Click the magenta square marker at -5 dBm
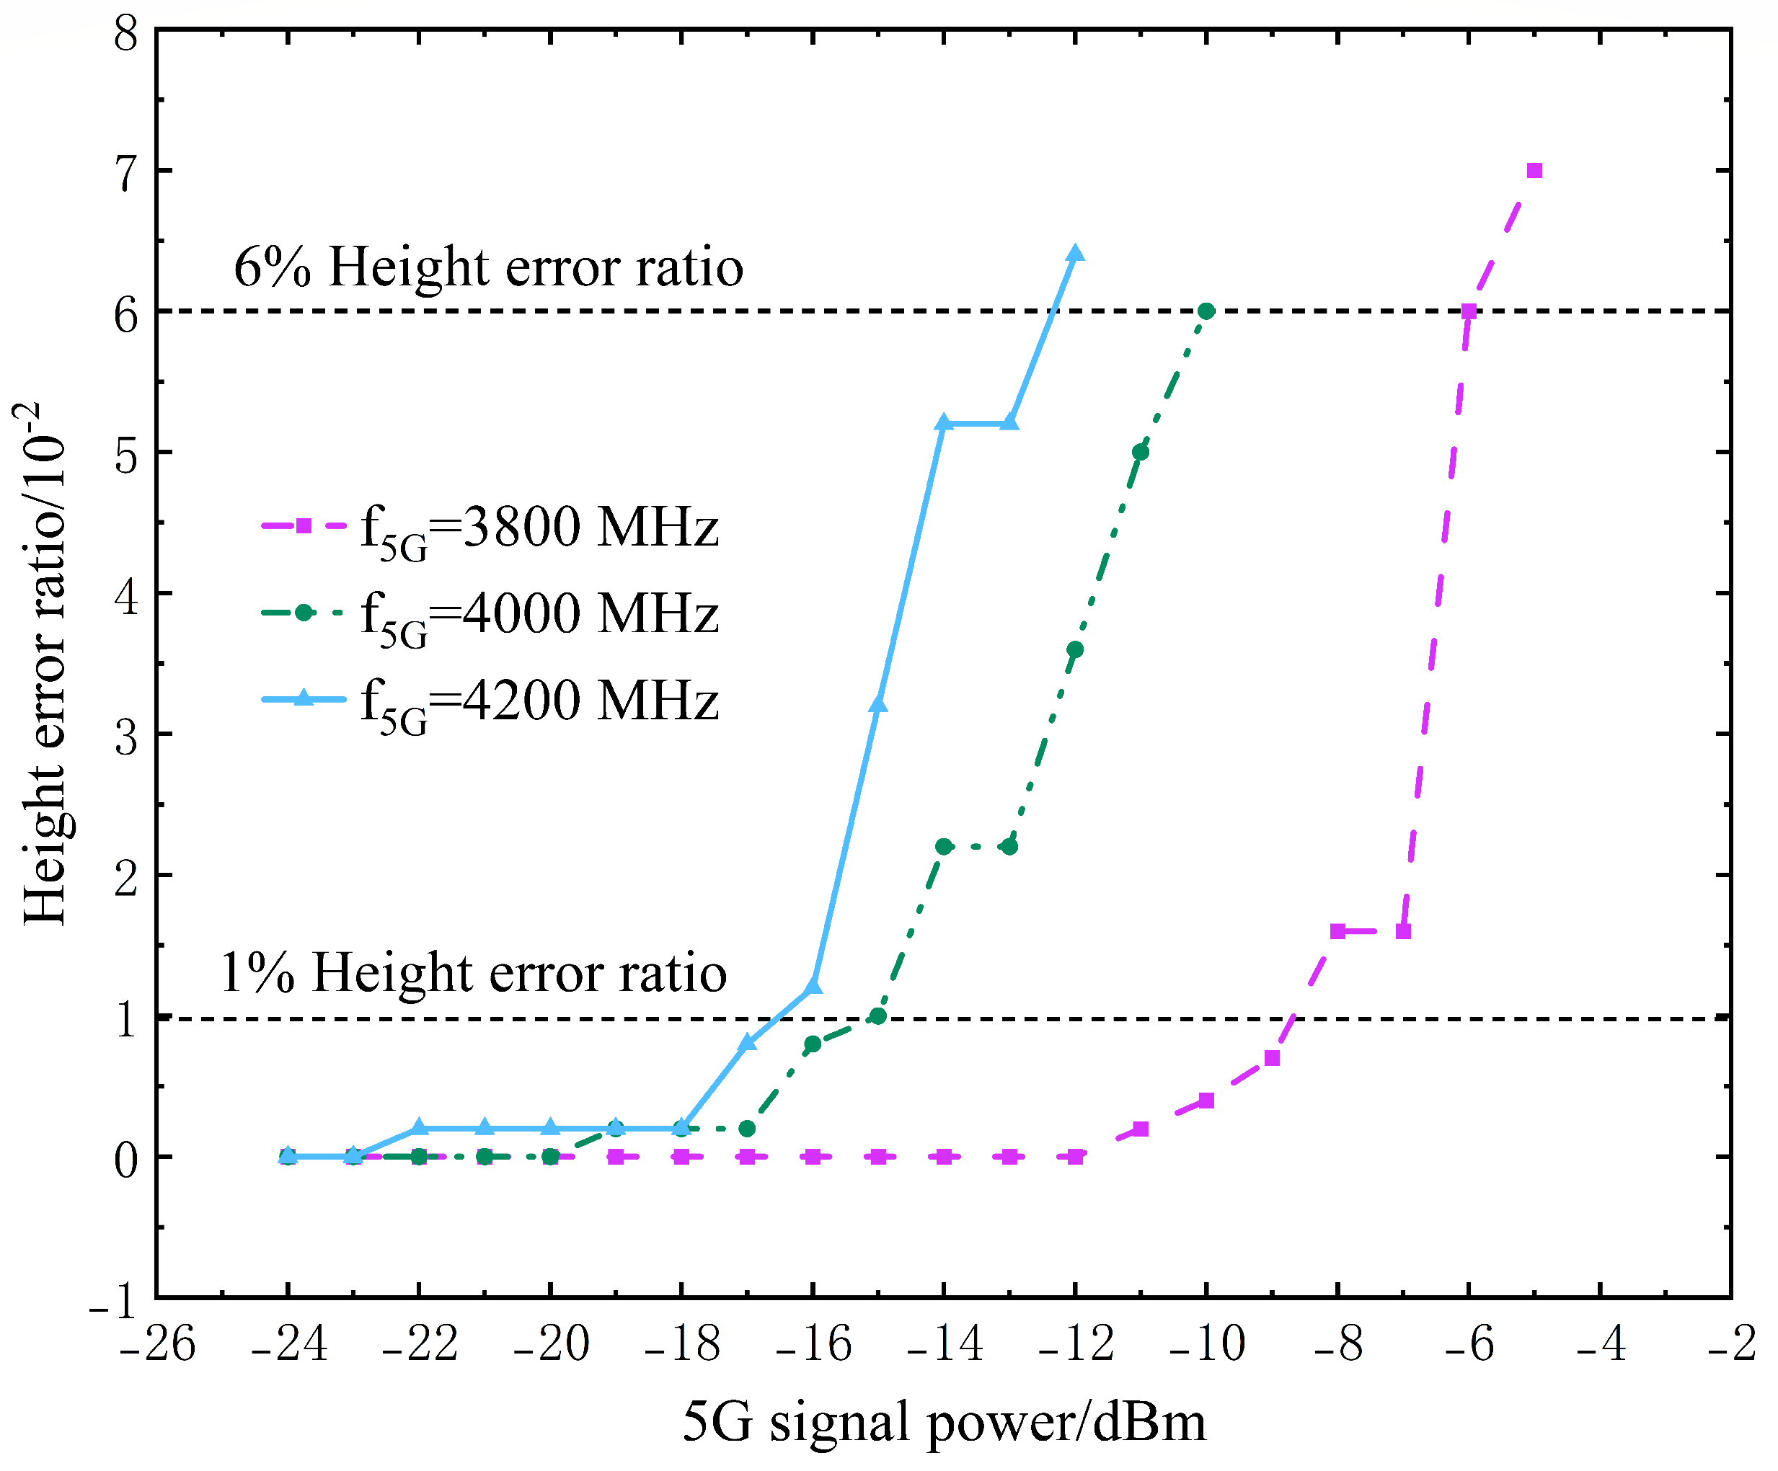click(1534, 171)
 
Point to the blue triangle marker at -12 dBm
click(1075, 254)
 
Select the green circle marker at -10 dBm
click(1206, 311)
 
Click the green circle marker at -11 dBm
click(1141, 452)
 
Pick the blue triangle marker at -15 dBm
click(878, 705)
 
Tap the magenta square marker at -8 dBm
click(1337, 931)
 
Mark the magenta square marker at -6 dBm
click(1469, 311)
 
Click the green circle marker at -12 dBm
click(1075, 649)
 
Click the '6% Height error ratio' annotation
click(489, 267)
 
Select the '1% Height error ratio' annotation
click(473, 972)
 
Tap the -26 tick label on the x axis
click(157, 1344)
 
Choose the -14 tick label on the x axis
click(944, 1344)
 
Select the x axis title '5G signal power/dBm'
click(944, 1422)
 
